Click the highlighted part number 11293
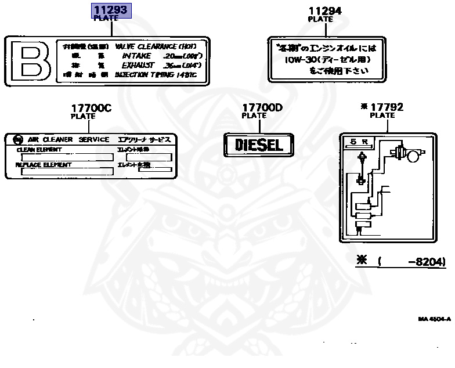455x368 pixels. tap(111, 10)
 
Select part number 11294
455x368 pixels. tap(324, 10)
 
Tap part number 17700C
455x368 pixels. tap(91, 108)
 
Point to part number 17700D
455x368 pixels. tap(262, 107)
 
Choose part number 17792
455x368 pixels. tap(387, 107)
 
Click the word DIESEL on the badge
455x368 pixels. tap(259, 145)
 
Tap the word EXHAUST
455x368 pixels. tap(135, 65)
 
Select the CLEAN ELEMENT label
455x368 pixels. tap(39, 149)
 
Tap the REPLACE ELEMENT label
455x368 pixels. tap(44, 165)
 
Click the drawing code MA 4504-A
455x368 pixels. tap(434, 319)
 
